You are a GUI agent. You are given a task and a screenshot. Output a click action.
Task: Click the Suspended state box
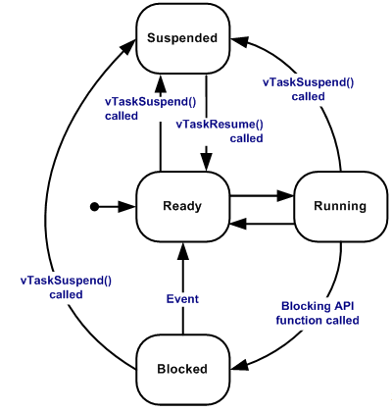pyautogui.click(x=183, y=38)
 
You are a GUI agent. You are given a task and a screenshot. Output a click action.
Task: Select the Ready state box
pyautogui.click(x=183, y=207)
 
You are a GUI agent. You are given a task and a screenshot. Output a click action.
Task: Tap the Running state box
pyautogui.click(x=340, y=207)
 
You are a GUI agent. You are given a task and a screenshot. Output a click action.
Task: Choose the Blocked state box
pyautogui.click(x=183, y=370)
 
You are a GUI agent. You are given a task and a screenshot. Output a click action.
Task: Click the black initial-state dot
pyautogui.click(x=94, y=207)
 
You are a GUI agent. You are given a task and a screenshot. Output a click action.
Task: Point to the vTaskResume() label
pyautogui.click(x=220, y=131)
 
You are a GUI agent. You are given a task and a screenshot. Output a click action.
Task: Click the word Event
pyautogui.click(x=182, y=299)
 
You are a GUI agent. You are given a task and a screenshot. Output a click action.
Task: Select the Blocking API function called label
pyautogui.click(x=318, y=313)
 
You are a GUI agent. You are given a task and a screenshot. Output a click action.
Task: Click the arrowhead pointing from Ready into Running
pyautogui.click(x=286, y=196)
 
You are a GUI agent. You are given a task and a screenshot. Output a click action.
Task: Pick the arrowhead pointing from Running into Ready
pyautogui.click(x=238, y=224)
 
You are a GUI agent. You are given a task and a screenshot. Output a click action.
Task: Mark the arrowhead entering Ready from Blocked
pyautogui.click(x=183, y=251)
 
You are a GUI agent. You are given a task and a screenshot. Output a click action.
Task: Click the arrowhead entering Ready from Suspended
pyautogui.click(x=206, y=162)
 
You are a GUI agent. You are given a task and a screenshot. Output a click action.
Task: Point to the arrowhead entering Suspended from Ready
pyautogui.click(x=161, y=82)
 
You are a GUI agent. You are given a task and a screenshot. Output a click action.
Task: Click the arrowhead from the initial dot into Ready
pyautogui.click(x=126, y=207)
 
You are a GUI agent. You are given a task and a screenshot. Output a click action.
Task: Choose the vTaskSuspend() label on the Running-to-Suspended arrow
pyautogui.click(x=308, y=89)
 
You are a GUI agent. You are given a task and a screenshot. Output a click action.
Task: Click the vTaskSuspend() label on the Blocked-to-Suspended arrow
pyautogui.click(x=66, y=287)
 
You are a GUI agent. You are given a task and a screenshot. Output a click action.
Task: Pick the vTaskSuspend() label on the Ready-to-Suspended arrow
pyautogui.click(x=150, y=109)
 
